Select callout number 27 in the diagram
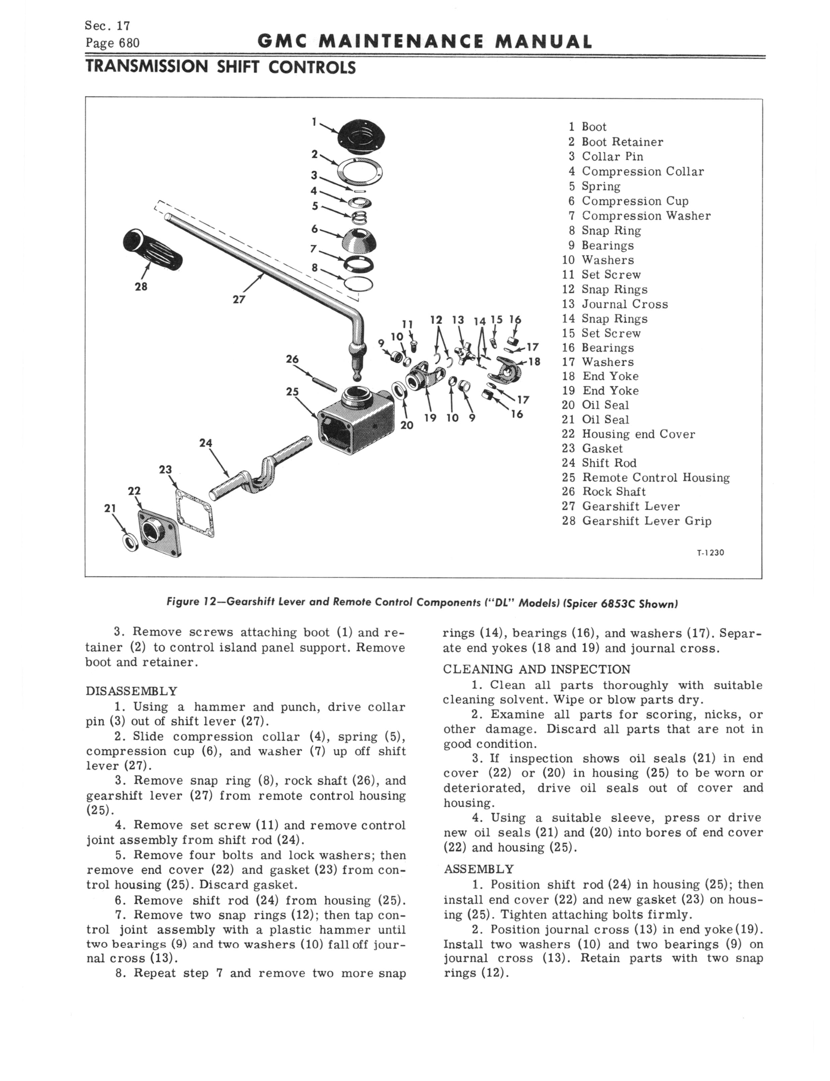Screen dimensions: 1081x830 239,299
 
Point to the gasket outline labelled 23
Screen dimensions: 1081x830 195,511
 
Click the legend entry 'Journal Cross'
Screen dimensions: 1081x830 625,304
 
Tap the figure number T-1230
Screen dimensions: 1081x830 710,552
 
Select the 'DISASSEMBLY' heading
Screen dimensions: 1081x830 132,691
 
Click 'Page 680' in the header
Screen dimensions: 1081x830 113,44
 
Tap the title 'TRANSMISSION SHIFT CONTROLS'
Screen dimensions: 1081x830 220,67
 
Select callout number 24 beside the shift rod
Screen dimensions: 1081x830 205,443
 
